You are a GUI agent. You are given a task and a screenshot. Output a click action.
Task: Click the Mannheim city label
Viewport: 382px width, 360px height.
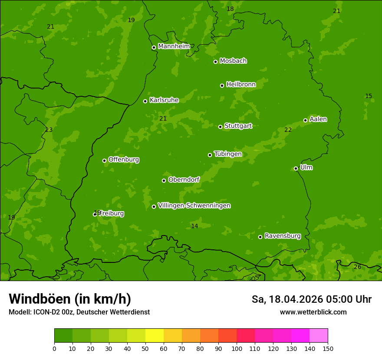pos(174,46)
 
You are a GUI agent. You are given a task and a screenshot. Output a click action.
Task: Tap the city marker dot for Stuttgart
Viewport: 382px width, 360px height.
pos(220,127)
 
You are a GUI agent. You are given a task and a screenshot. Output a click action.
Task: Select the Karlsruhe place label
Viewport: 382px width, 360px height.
pos(164,100)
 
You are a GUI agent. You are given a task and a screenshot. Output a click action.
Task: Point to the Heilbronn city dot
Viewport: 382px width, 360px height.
pos(222,85)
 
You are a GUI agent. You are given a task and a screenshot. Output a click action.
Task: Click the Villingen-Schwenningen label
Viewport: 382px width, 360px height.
pos(194,206)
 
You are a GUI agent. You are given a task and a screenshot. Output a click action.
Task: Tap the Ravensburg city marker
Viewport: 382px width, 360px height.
pos(260,237)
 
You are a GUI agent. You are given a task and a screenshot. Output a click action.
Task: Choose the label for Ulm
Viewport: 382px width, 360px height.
pos(306,167)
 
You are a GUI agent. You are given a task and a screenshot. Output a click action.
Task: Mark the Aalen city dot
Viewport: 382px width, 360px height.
pos(305,120)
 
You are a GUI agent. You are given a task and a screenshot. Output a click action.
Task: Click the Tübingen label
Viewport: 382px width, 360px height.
pos(227,154)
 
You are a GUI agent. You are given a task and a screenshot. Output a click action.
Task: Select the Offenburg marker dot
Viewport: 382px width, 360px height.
pos(104,160)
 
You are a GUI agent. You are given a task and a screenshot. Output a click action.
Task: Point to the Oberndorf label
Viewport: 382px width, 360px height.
pos(184,180)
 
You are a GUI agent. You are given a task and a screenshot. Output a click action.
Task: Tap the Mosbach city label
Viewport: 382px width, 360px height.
pos(233,61)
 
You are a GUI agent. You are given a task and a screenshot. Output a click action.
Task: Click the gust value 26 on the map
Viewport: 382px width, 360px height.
pos(357,267)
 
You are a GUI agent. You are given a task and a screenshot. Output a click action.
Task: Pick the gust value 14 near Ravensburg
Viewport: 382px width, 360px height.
pos(194,226)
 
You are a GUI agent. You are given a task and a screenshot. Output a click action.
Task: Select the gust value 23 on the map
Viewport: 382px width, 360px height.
pos(49,130)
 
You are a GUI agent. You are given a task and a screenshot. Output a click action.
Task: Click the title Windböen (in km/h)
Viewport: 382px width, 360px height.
pos(70,299)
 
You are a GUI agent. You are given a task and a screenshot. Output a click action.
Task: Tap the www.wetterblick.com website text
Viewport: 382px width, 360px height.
pos(313,312)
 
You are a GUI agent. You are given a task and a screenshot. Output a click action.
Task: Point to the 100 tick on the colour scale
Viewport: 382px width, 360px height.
pos(237,348)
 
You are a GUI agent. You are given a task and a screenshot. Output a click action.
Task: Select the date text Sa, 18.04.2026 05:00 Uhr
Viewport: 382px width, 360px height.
pos(311,299)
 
